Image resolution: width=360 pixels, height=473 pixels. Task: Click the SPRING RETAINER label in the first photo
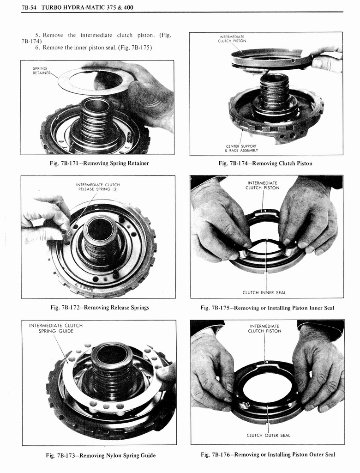point(40,71)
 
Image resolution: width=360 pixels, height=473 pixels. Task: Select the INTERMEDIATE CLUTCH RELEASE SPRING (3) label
point(97,187)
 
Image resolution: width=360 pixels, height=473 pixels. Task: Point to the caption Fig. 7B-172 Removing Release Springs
point(100,308)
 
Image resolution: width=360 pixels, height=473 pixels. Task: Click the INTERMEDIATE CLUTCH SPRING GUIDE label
point(56,328)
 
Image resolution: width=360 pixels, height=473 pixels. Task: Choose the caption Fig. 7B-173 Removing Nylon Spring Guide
point(101,455)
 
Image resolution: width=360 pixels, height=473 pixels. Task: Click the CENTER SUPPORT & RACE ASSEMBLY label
point(242,148)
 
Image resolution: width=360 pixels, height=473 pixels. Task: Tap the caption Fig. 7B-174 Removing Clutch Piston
point(265,164)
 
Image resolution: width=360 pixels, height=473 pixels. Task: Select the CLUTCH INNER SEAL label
point(264,292)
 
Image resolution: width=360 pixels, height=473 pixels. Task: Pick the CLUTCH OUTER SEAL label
point(268,435)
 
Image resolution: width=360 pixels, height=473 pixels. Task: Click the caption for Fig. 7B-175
point(267,308)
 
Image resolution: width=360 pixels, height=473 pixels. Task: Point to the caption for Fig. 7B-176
point(268,455)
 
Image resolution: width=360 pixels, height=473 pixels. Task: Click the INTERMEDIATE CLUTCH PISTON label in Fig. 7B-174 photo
point(232,38)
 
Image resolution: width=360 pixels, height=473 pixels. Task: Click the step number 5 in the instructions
point(37,35)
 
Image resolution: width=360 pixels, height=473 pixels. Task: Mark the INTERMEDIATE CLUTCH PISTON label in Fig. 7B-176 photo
point(264,328)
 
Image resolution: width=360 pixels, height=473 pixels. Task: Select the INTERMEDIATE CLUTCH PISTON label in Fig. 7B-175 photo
point(262,185)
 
